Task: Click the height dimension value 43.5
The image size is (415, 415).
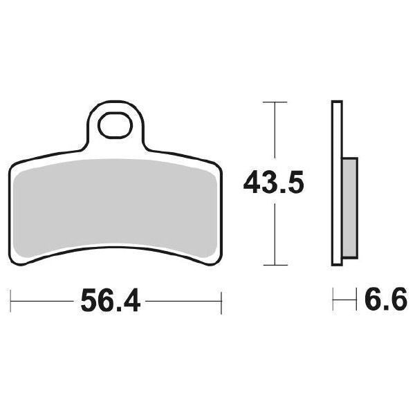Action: [274, 184]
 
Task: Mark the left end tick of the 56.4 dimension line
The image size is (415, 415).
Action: [11, 301]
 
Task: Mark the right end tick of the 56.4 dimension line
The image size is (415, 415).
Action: [221, 301]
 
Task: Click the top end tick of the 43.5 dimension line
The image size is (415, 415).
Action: [275, 102]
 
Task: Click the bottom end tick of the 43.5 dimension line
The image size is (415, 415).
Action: [275, 266]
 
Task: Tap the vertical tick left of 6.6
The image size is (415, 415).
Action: [333, 301]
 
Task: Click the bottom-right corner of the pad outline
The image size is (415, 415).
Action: [212, 264]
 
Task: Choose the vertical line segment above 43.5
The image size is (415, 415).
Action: [275, 135]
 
